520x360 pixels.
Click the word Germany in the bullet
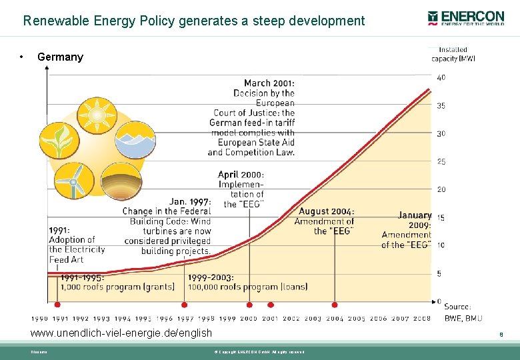[x=60, y=57]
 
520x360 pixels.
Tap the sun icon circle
[x=97, y=116]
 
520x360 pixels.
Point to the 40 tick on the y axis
[x=441, y=77]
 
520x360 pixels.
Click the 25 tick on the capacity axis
[x=441, y=161]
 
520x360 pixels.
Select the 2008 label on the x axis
[x=421, y=319]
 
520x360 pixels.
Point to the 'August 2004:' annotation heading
[x=326, y=211]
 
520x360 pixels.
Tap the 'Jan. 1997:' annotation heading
[x=190, y=201]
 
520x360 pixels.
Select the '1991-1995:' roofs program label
[x=82, y=277]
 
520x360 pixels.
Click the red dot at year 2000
[x=249, y=305]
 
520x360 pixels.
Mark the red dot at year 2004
[x=335, y=305]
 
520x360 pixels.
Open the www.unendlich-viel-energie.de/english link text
[x=121, y=333]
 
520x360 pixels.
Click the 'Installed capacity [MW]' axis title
[x=453, y=54]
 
